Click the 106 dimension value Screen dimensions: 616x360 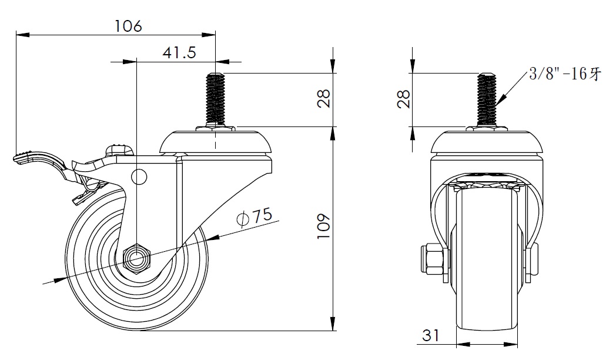pyautogui.click(x=128, y=26)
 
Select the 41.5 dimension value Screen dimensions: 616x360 pyautogui.click(x=179, y=52)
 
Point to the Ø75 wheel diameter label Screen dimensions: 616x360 pyautogui.click(x=255, y=216)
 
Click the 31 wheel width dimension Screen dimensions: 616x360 pyautogui.click(x=431, y=335)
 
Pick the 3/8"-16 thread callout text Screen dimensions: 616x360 pyautogui.click(x=565, y=74)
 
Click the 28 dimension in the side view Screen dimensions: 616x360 pyautogui.click(x=324, y=99)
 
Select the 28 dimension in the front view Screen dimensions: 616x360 pyautogui.click(x=403, y=99)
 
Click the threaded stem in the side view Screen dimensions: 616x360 pyautogui.click(x=215, y=99)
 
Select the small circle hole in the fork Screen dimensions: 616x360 pyautogui.click(x=139, y=176)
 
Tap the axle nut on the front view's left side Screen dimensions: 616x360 pyautogui.click(x=431, y=259)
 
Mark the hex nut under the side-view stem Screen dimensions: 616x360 pyautogui.click(x=215, y=128)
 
